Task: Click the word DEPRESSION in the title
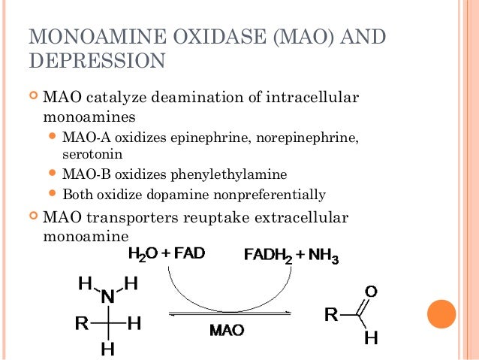click(95, 60)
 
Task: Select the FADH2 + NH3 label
click(291, 257)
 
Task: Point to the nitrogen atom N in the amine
click(108, 296)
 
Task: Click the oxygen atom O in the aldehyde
click(370, 290)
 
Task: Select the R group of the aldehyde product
click(330, 314)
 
